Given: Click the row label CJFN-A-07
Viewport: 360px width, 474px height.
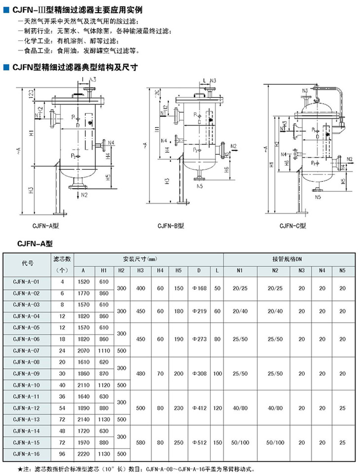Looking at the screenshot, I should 27,350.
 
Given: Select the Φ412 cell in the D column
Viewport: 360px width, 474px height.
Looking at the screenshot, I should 198,408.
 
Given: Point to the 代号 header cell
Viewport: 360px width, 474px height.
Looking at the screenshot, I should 27,264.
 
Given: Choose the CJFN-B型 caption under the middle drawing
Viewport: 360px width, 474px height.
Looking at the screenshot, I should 171,226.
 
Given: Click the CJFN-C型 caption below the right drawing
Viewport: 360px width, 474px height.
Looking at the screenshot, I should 294,226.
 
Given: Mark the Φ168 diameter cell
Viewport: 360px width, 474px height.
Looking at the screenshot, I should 198,287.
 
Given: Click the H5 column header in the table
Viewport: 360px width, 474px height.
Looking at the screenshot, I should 178,270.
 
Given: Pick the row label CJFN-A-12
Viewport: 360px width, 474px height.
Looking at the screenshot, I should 27,408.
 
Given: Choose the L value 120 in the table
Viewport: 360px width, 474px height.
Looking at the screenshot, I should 217,408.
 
